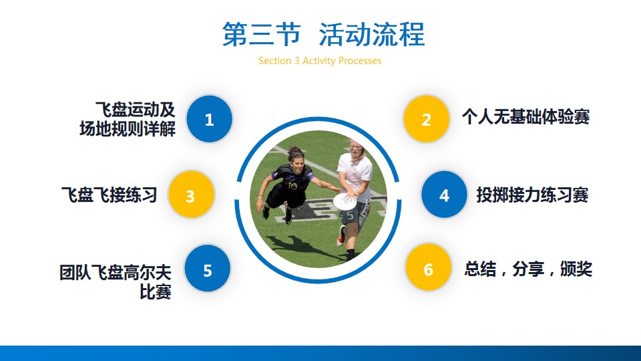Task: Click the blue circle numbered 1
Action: (209, 119)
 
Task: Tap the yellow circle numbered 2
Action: (427, 119)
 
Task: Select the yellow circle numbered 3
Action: (191, 195)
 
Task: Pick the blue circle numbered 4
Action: (445, 195)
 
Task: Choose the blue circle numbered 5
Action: (207, 269)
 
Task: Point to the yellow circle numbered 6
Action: (428, 269)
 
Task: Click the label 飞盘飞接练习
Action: (109, 195)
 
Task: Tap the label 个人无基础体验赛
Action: (525, 117)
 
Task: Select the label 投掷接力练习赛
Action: (532, 195)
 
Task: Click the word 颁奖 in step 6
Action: (576, 269)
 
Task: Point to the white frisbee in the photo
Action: (345, 201)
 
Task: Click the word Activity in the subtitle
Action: (319, 61)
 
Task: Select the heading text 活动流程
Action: (372, 34)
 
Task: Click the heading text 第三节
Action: (261, 34)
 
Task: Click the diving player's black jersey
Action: (290, 183)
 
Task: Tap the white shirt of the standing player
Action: (355, 176)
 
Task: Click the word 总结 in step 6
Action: (480, 269)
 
